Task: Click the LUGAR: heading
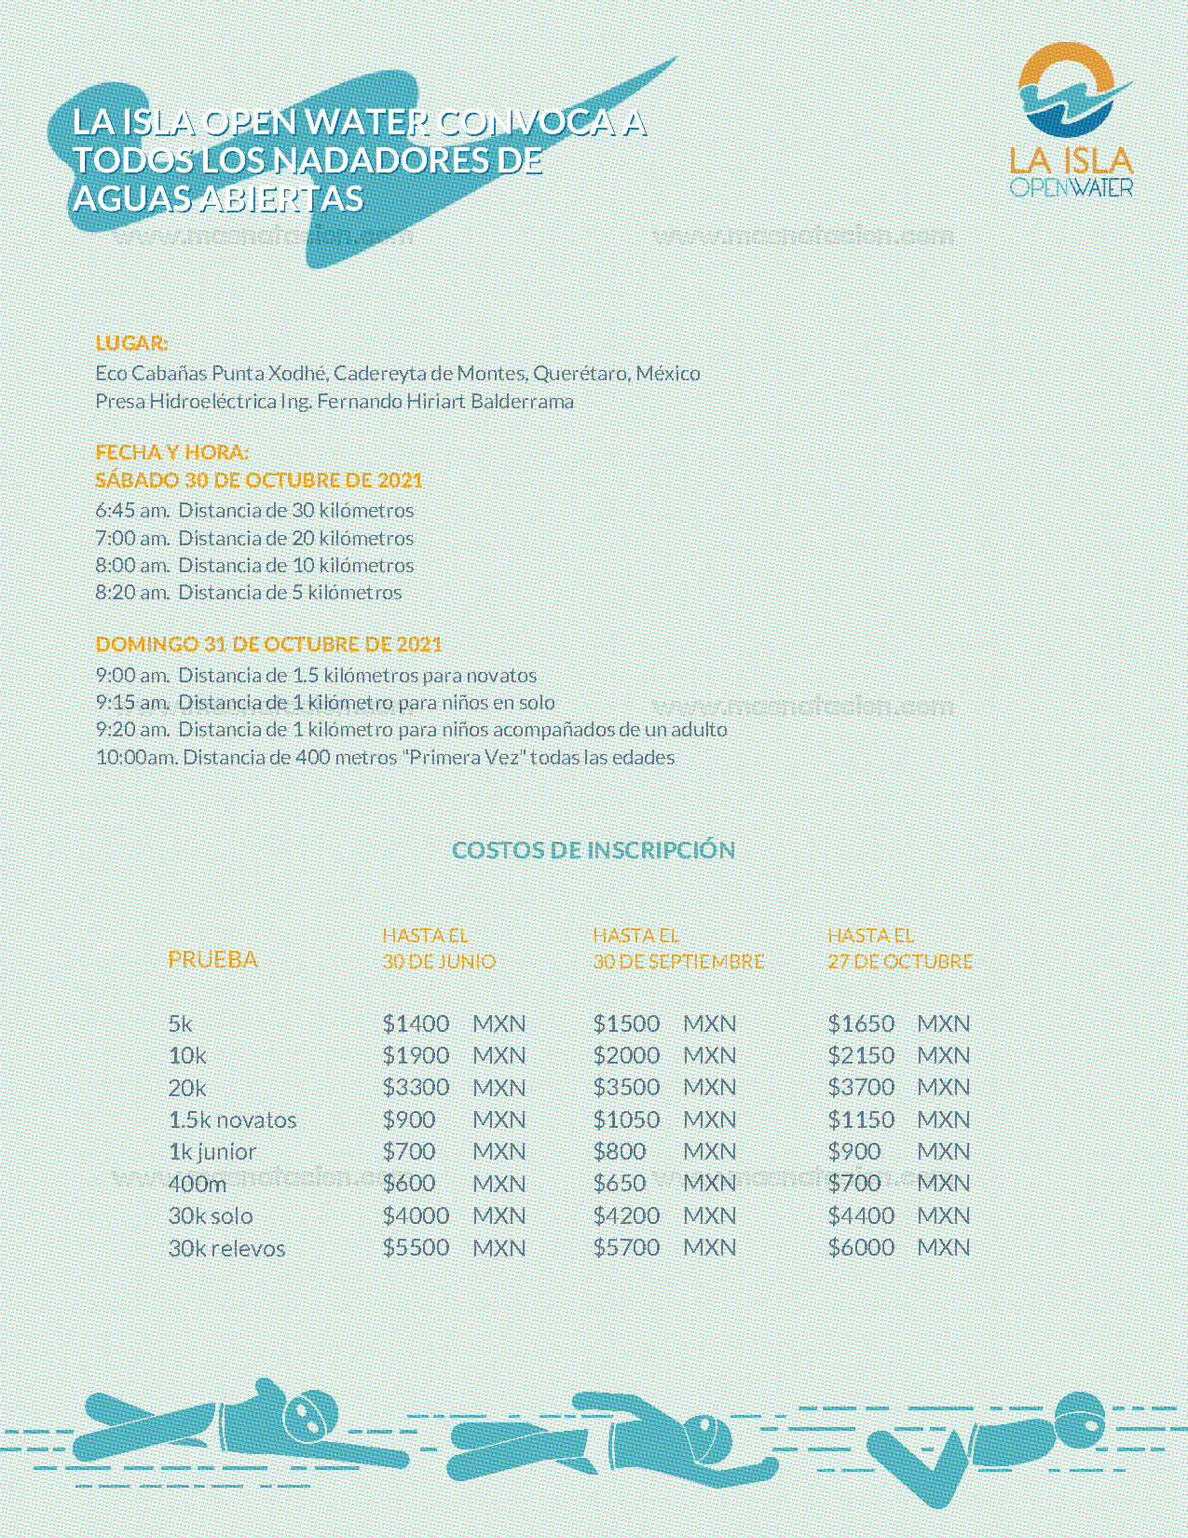(x=131, y=343)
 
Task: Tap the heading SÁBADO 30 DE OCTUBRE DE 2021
(x=259, y=480)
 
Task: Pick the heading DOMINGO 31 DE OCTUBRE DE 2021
(x=268, y=644)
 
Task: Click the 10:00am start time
(x=136, y=758)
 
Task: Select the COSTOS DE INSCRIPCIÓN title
(x=594, y=850)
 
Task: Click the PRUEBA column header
(x=212, y=959)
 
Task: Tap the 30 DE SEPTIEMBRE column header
(x=678, y=961)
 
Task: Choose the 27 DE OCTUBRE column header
(x=900, y=961)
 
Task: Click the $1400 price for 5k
(x=416, y=1023)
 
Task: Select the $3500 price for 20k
(x=626, y=1088)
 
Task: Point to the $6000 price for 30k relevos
(x=861, y=1247)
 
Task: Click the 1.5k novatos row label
(x=232, y=1120)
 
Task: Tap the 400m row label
(x=198, y=1184)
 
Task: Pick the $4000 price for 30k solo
(x=416, y=1215)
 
